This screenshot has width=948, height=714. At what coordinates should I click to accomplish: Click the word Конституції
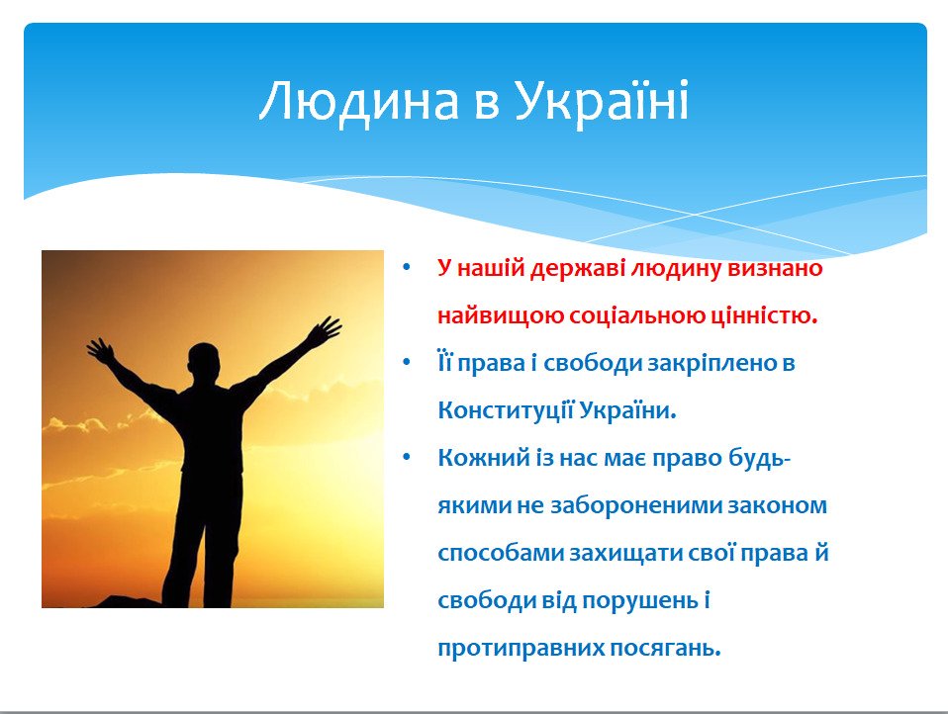[506, 410]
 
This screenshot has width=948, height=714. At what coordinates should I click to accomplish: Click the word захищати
[627, 554]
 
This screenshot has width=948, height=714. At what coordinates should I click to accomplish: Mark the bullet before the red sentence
[407, 267]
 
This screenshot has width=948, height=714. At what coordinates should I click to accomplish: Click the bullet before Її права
[407, 362]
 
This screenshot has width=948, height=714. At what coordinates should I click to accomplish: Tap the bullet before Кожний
[407, 457]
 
